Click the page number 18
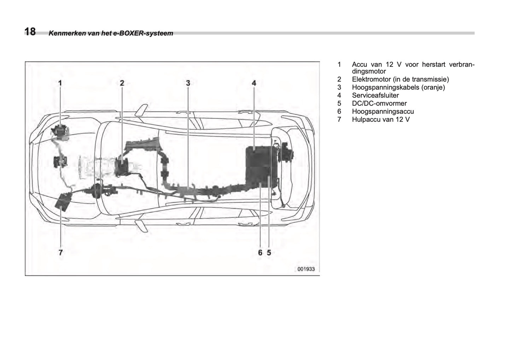click(30, 31)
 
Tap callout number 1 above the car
click(60, 83)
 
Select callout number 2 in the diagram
click(122, 83)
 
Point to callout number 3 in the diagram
click(188, 83)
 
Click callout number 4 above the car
click(254, 83)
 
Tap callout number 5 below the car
click(269, 252)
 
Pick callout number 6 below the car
click(260, 252)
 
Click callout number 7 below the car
click(60, 252)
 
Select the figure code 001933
click(306, 269)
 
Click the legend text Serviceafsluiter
click(375, 95)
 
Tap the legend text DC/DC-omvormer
click(379, 104)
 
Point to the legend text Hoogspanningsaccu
click(383, 111)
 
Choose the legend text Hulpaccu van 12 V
click(381, 120)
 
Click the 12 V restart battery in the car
click(60, 132)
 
